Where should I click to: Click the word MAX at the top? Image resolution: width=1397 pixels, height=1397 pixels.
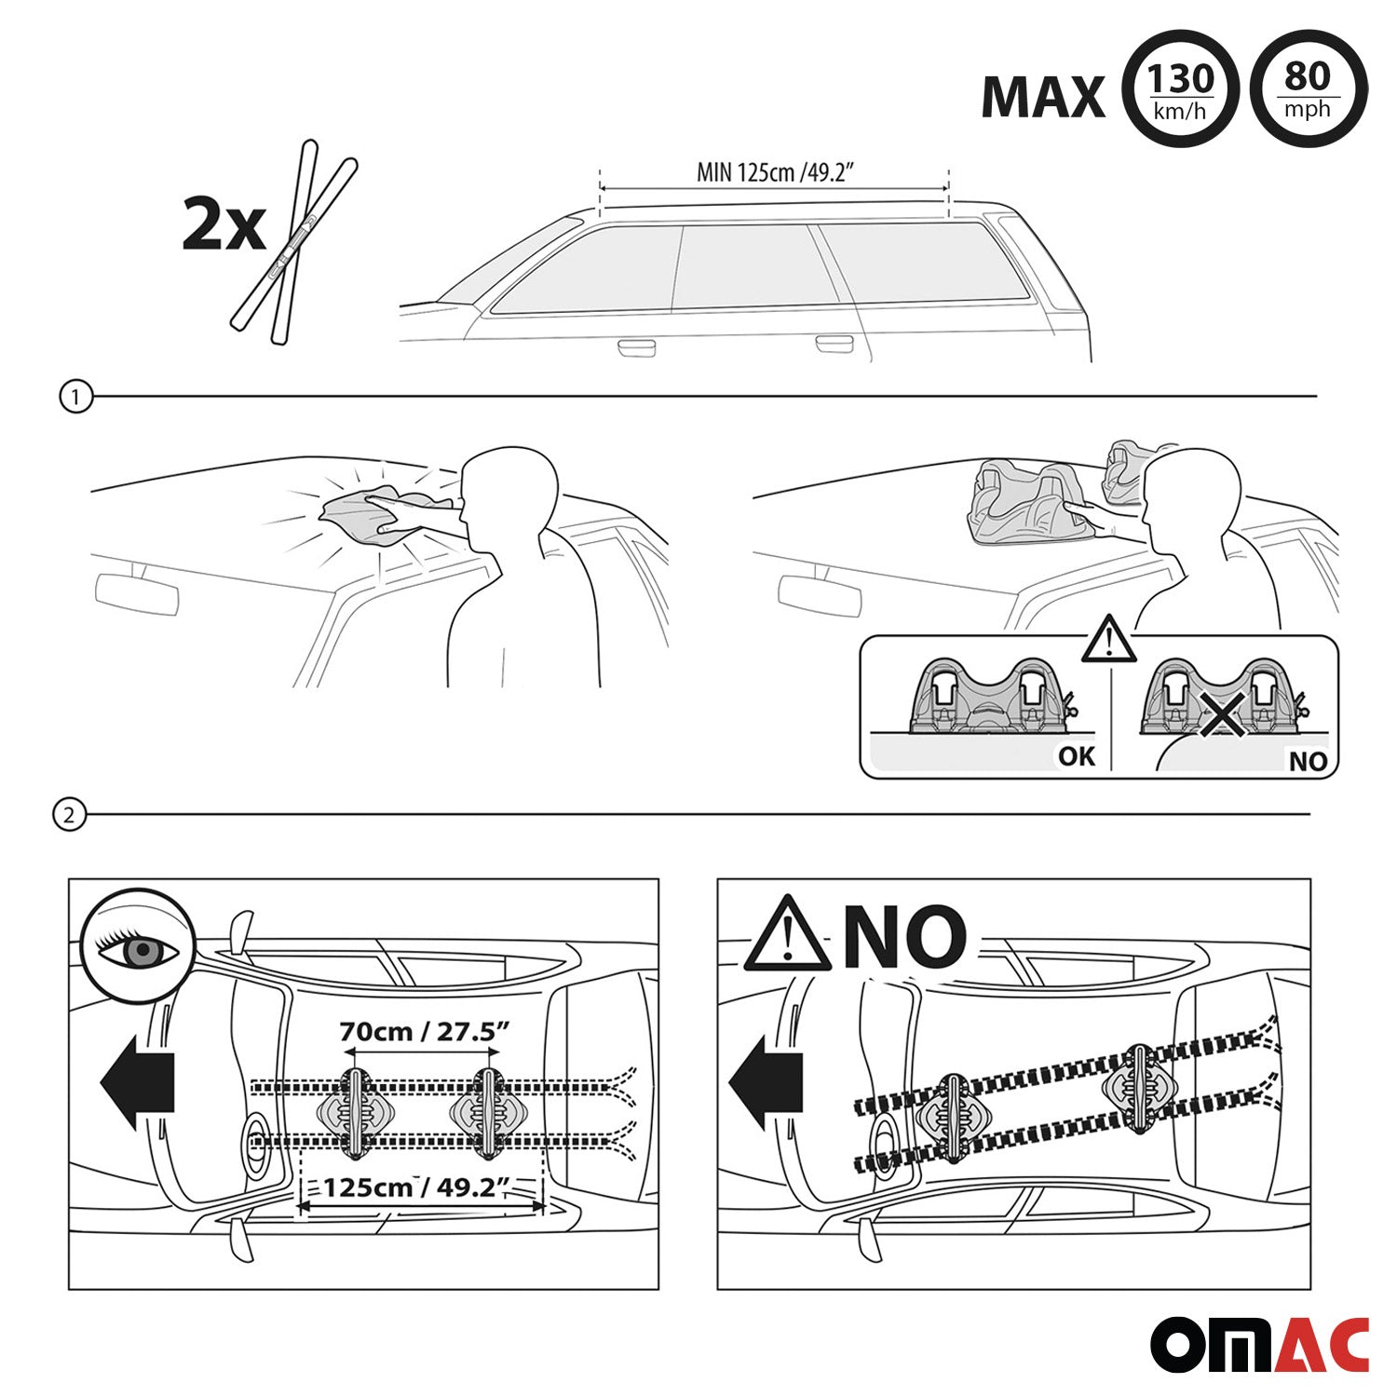click(x=1043, y=97)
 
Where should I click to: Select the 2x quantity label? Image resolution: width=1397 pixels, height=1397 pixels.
click(x=224, y=225)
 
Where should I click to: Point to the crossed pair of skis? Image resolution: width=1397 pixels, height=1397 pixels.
click(x=293, y=241)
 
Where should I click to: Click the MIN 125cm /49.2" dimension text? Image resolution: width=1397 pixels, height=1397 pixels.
click(x=776, y=172)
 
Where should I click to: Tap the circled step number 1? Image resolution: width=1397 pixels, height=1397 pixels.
click(x=75, y=398)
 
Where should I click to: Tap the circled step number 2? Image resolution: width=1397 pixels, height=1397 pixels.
click(x=69, y=816)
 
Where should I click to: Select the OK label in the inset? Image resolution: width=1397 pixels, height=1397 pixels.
click(x=1077, y=756)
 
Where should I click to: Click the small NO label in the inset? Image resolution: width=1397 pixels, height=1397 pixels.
click(x=1308, y=762)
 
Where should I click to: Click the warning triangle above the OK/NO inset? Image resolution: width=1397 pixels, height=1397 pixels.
click(x=1108, y=639)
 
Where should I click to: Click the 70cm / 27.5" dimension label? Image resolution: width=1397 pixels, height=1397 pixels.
click(x=424, y=1032)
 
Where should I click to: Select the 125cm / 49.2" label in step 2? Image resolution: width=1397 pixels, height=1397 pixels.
click(x=419, y=1187)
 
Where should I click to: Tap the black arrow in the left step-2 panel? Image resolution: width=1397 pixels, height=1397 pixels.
click(x=137, y=1081)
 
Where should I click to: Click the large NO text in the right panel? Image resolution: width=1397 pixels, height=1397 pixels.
click(x=904, y=935)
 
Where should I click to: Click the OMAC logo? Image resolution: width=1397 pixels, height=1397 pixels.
click(x=1259, y=1345)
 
